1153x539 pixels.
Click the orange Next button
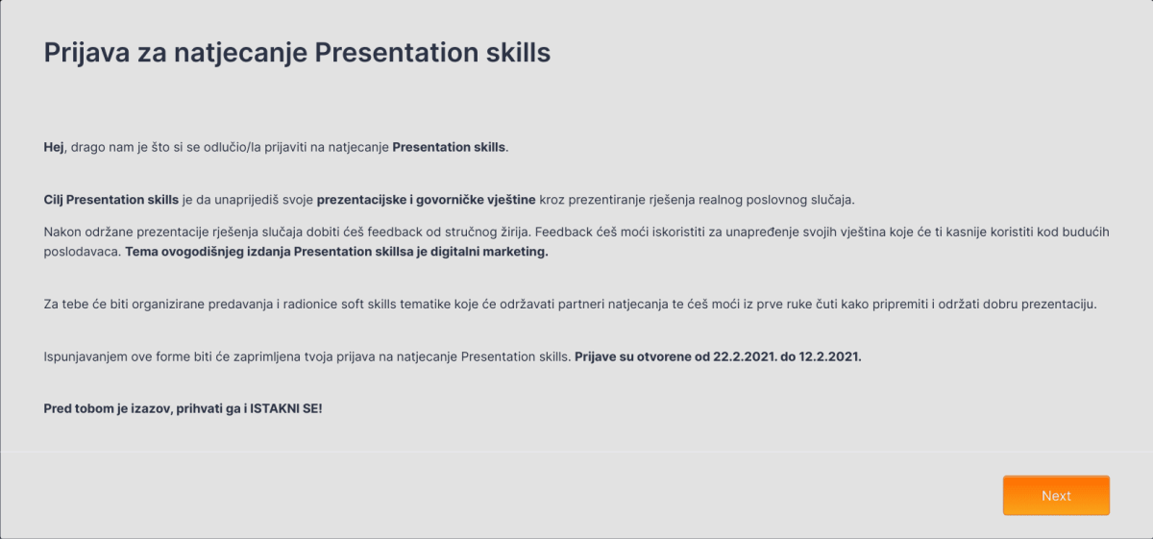click(1056, 496)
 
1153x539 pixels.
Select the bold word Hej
click(54, 148)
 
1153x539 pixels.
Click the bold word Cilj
click(54, 200)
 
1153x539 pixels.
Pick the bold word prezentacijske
click(363, 200)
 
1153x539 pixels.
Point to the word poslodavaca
click(83, 252)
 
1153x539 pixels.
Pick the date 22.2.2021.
click(746, 356)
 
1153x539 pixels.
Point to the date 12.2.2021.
click(831, 356)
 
